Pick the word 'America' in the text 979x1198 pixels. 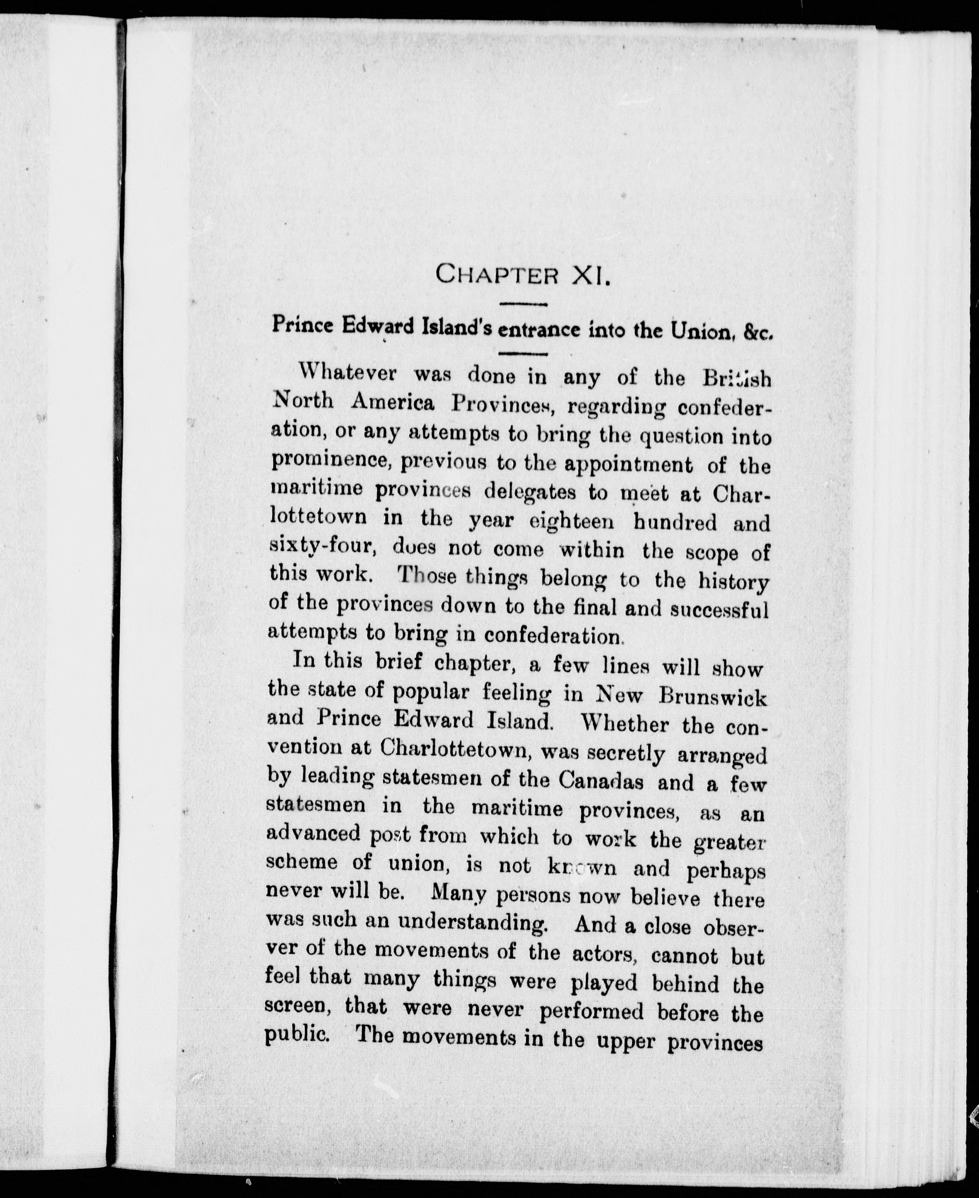(x=393, y=403)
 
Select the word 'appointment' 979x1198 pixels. (x=628, y=465)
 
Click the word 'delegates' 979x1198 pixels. (x=531, y=492)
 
